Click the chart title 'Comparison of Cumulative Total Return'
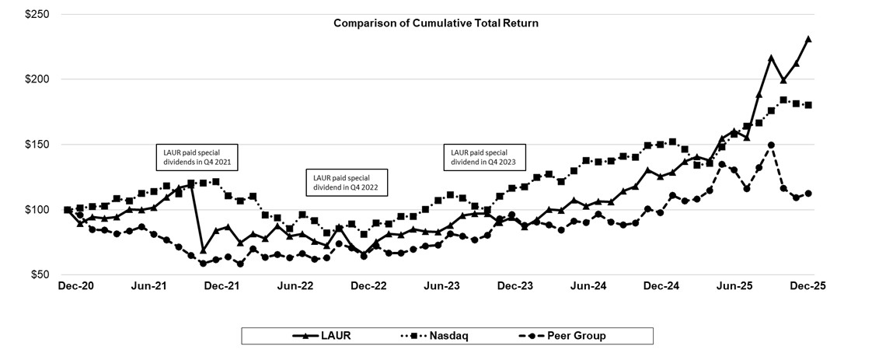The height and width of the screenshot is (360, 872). click(x=435, y=23)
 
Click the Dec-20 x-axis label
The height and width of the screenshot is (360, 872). click(x=75, y=285)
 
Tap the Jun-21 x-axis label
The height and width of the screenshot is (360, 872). click(x=148, y=285)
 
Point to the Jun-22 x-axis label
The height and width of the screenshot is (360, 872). click(x=295, y=285)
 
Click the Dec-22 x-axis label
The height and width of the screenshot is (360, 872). click(x=368, y=285)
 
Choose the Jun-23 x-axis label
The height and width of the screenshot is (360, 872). click(x=442, y=285)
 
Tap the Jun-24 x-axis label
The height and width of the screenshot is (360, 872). click(x=588, y=285)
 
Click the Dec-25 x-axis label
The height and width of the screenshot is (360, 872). click(x=808, y=285)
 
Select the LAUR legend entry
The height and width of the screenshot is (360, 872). click(x=323, y=336)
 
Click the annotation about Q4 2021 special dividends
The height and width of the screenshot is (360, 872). click(x=197, y=158)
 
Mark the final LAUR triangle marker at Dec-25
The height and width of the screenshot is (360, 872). click(x=808, y=39)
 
